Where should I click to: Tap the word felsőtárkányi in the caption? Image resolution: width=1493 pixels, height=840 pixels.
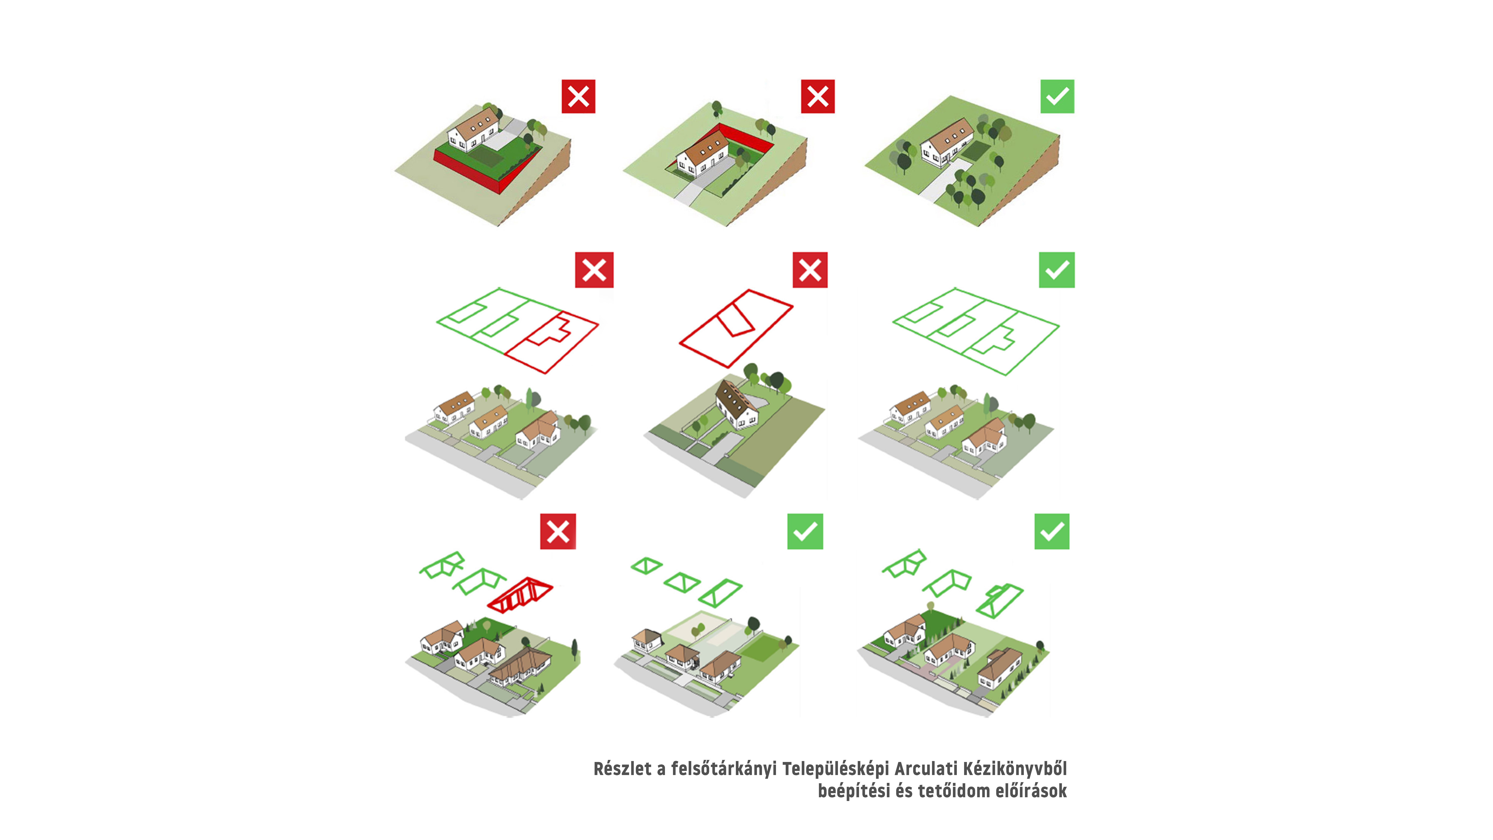[x=723, y=769]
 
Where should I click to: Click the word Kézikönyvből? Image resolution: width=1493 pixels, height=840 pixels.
[x=1015, y=769]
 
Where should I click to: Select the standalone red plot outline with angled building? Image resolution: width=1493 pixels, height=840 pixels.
[x=735, y=328]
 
